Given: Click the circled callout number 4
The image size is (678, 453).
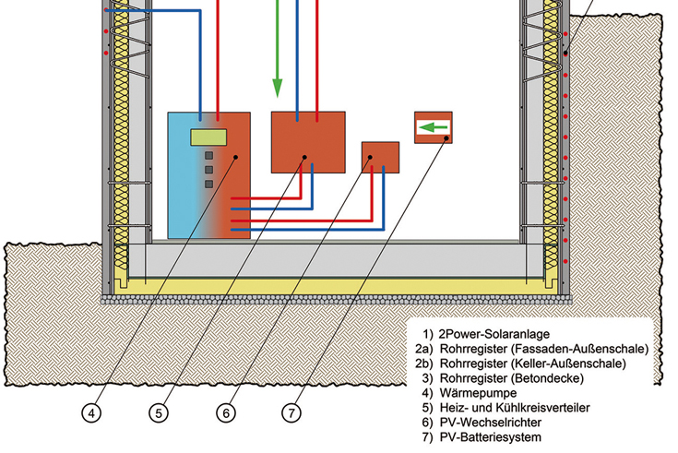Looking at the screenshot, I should [91, 413].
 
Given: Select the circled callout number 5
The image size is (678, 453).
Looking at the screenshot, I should [161, 413].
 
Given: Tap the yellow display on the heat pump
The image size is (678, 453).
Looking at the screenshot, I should [209, 138].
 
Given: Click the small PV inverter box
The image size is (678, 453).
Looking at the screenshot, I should [380, 157].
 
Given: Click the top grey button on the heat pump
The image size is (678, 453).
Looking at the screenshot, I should [209, 155].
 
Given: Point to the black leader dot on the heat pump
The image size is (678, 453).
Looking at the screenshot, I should [237, 157].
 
